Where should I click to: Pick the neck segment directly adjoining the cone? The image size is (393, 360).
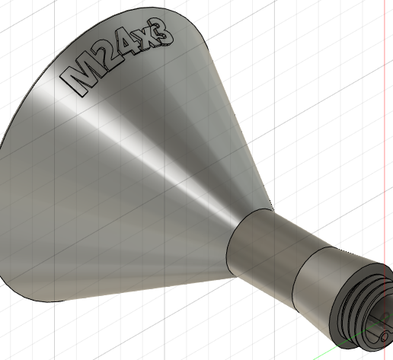point(263,247)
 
